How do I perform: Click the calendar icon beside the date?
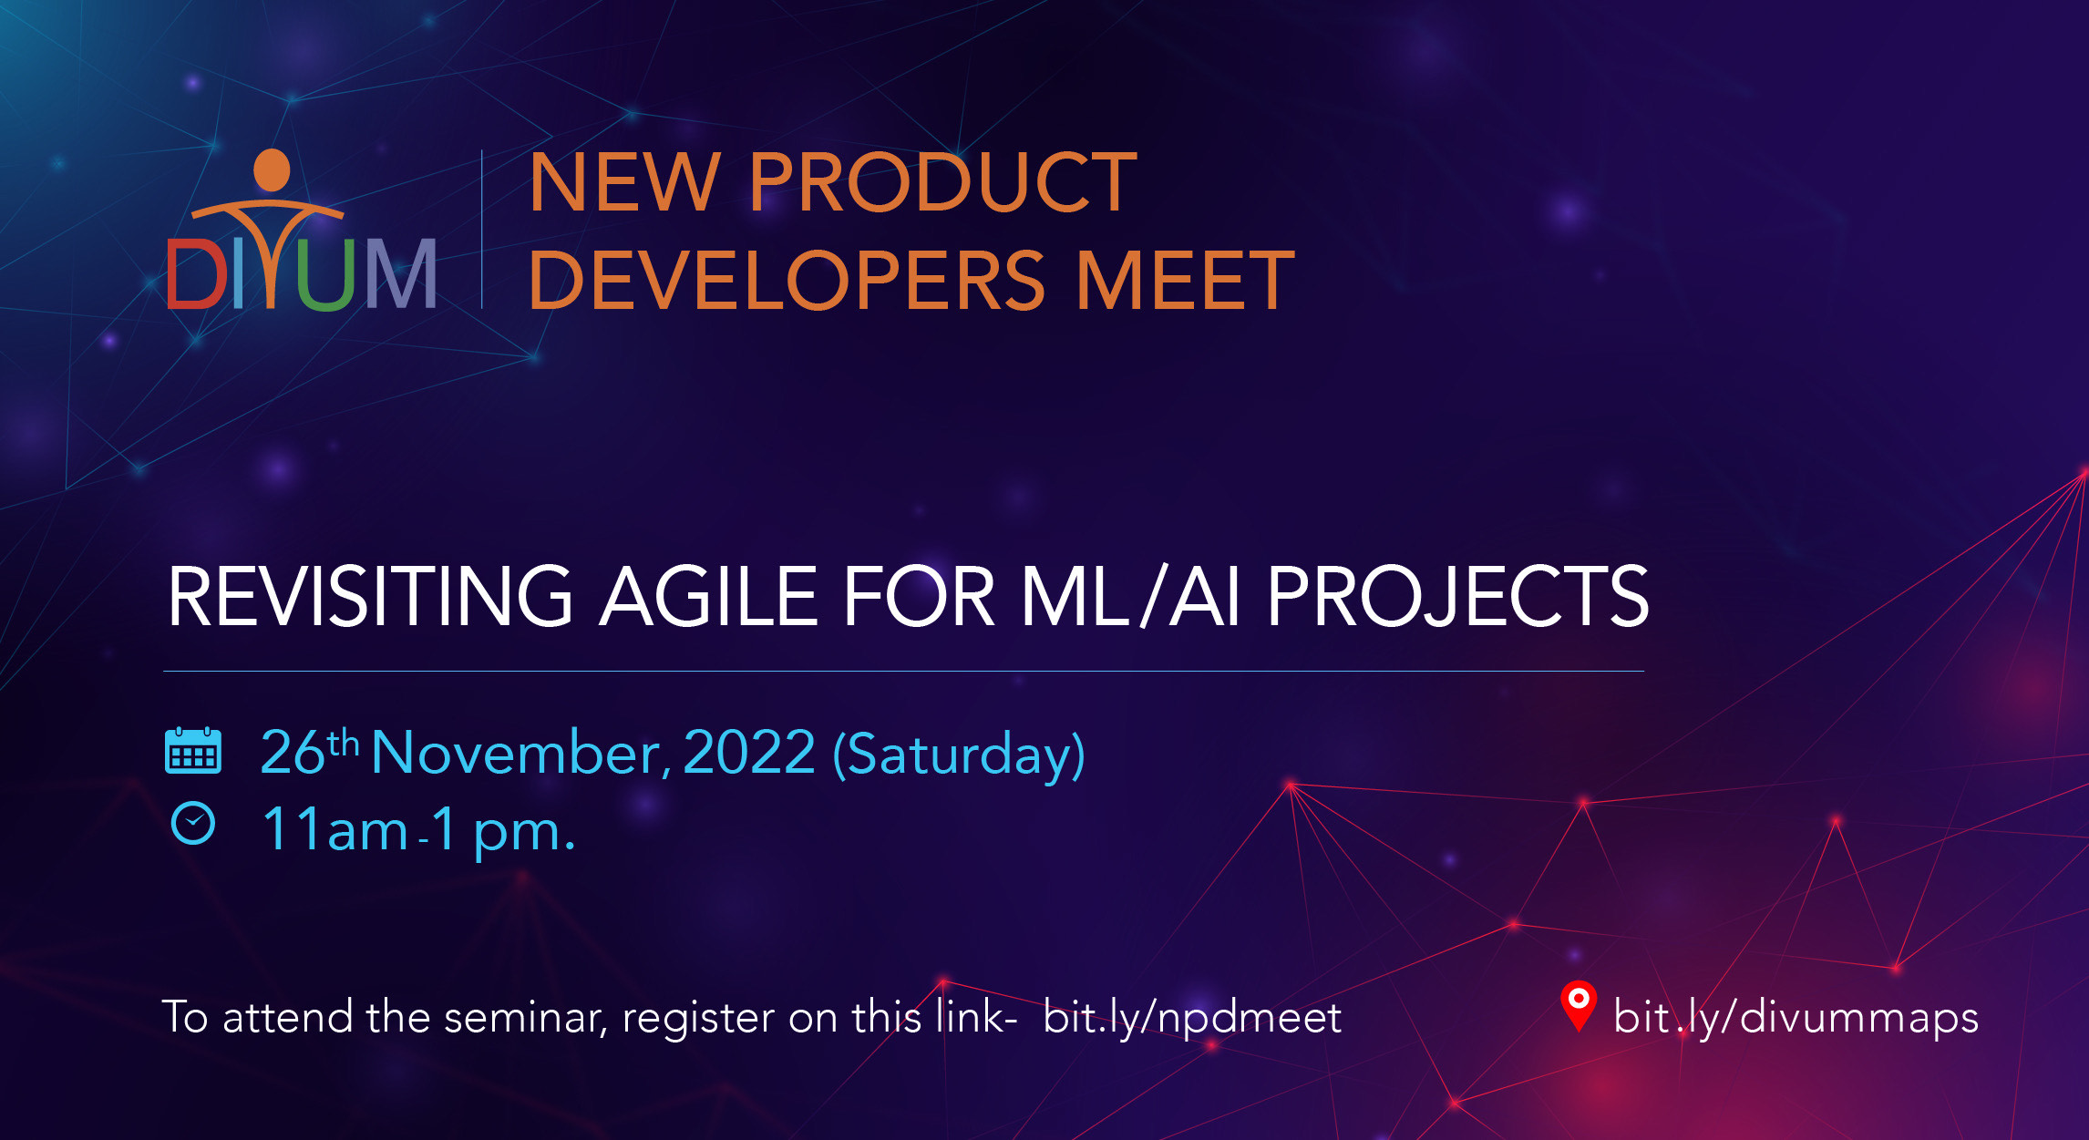[193, 751]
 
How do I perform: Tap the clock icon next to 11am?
[193, 824]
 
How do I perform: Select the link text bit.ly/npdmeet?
[1192, 1017]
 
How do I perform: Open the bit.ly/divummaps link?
[1796, 1017]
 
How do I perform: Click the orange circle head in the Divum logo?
[272, 170]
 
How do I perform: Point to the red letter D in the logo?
[196, 273]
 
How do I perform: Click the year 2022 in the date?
[749, 753]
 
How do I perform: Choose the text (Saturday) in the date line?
[959, 755]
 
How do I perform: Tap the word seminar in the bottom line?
[526, 1017]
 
